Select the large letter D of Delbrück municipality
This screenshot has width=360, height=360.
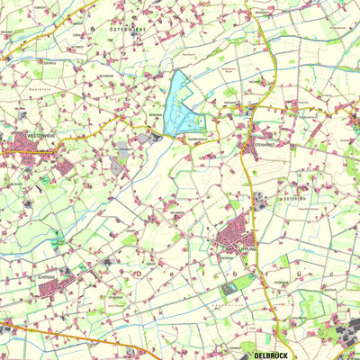(138, 270)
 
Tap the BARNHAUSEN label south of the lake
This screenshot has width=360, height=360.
(193, 139)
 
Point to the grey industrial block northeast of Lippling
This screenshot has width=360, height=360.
(259, 201)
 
